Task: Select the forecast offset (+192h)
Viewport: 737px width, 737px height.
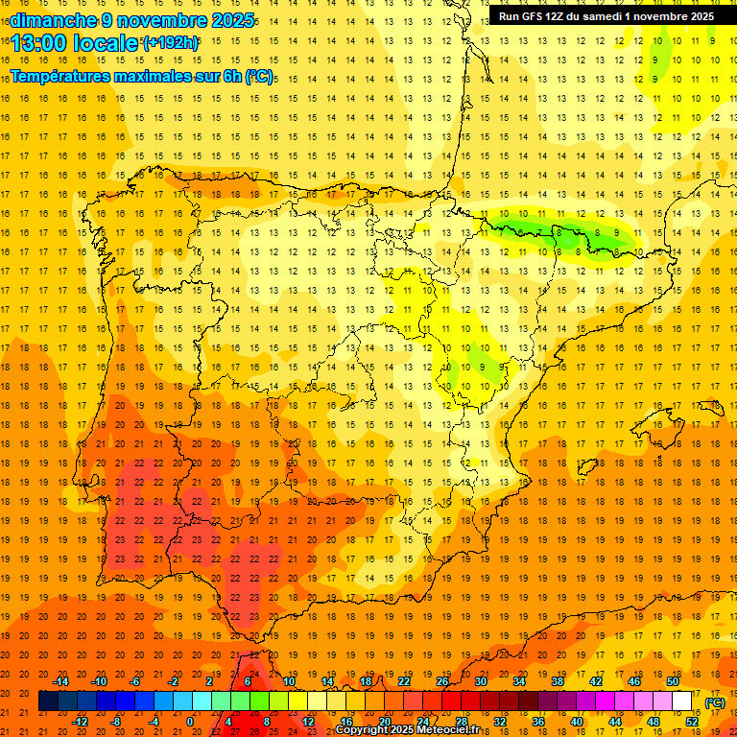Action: pyautogui.click(x=171, y=43)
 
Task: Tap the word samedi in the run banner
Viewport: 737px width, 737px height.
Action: pyautogui.click(x=621, y=16)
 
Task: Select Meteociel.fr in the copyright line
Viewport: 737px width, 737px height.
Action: pyautogui.click(x=447, y=730)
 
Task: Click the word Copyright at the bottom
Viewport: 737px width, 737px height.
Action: pyautogui.click(x=363, y=730)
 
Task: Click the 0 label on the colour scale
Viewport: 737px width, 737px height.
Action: pyautogui.click(x=192, y=722)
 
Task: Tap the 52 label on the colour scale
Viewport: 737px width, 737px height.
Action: pyautogui.click(x=692, y=722)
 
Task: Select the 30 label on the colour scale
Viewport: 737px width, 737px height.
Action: pyautogui.click(x=480, y=680)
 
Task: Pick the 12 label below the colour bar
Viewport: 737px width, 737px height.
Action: pyautogui.click(x=308, y=722)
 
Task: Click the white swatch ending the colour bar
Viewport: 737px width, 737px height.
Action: pyautogui.click(x=682, y=701)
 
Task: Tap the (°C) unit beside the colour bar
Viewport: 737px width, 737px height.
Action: pyautogui.click(x=714, y=701)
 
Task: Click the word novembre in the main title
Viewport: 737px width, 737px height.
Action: pyautogui.click(x=166, y=19)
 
